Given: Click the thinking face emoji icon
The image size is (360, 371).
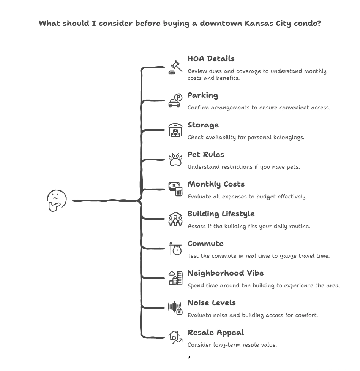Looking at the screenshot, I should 57,200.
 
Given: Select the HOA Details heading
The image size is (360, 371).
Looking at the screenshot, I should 211,59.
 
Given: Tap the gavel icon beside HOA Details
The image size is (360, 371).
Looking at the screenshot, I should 175,67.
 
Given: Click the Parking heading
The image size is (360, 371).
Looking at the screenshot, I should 203,95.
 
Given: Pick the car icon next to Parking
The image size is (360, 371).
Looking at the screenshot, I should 175,101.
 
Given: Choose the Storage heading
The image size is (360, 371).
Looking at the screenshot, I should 203,125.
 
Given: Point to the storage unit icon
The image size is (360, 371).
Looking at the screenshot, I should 175,130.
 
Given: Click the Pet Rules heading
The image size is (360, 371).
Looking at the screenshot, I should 206,154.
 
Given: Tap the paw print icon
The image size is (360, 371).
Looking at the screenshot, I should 175,160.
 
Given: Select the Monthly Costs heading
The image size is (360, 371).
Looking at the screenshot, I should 216,184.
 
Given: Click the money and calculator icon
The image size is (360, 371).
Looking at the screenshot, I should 175,189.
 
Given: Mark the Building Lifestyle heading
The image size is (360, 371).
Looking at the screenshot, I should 221,214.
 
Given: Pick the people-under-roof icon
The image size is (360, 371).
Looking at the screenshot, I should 175,219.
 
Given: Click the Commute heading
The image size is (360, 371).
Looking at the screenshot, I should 205,243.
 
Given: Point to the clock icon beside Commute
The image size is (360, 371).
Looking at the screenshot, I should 176,249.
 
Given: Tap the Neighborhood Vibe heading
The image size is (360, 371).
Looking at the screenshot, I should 225,273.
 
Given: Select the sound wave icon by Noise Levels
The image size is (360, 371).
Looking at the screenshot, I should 175,308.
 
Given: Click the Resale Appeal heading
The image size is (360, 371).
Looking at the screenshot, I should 215,332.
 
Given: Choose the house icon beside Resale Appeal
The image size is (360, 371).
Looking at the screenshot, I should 175,337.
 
